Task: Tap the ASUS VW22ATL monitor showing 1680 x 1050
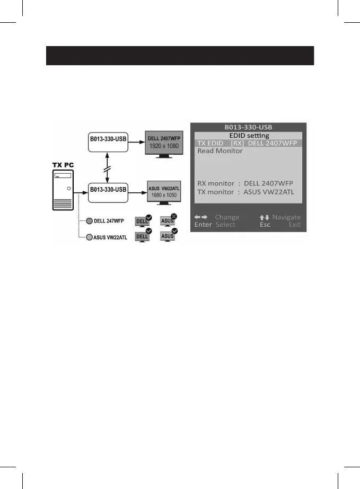[164, 191]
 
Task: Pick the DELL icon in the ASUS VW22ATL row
[142, 236]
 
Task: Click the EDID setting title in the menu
[249, 136]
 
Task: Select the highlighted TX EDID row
[249, 143]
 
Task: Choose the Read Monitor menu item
[220, 151]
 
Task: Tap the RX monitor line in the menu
[245, 183]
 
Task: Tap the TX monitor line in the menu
[245, 192]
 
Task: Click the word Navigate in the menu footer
[286, 217]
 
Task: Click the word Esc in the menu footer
[265, 225]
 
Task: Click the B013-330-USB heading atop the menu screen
[249, 127]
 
